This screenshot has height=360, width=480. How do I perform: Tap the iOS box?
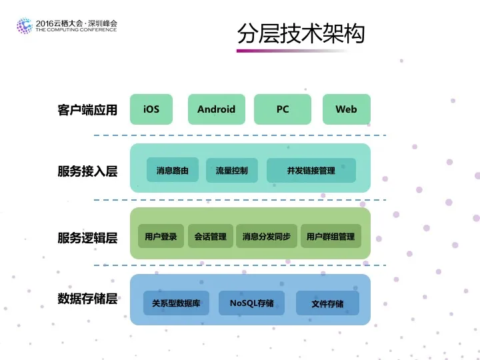(151, 109)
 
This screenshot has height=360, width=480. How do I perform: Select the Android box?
(216, 109)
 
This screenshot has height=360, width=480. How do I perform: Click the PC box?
(283, 109)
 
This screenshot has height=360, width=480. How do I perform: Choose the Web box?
(346, 109)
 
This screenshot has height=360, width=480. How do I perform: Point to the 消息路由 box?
(173, 171)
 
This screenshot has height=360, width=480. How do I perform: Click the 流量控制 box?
(231, 171)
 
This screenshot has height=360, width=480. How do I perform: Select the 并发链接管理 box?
(311, 171)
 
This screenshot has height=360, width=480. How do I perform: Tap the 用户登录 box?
(161, 236)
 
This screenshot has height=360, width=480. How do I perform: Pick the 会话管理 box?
(211, 236)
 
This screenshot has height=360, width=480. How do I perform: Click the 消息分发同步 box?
(266, 236)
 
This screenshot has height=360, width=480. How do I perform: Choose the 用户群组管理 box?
(331, 236)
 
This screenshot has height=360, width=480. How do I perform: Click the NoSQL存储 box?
(252, 303)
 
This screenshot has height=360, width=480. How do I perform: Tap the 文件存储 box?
(327, 303)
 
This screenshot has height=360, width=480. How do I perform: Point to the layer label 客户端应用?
(87, 110)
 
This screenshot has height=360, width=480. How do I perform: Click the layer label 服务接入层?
(87, 171)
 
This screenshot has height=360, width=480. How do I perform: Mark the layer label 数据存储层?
(87, 298)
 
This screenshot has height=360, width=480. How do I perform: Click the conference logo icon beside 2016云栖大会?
(24, 26)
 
